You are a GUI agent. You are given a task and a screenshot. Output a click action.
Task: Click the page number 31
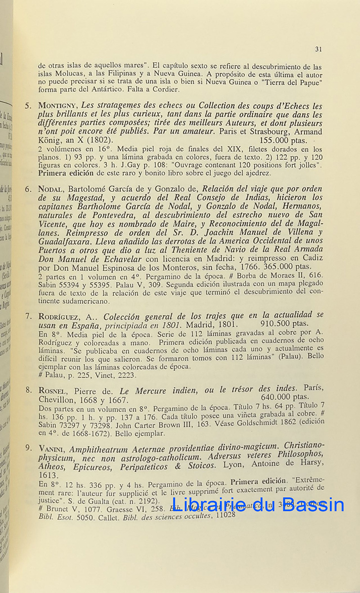[x=318, y=49]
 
